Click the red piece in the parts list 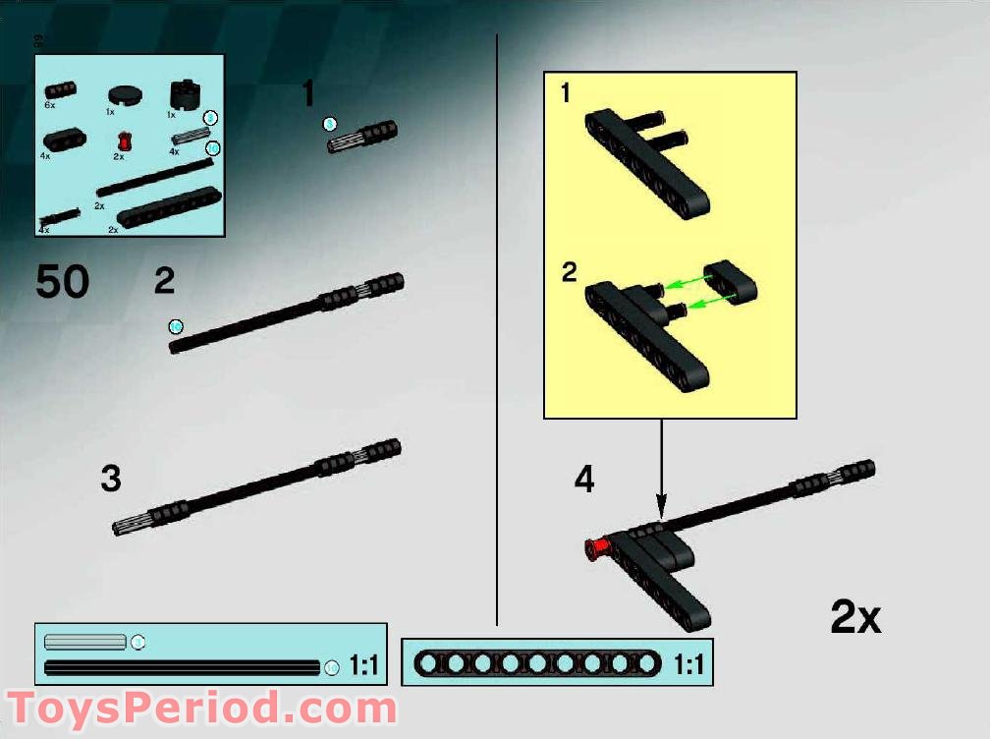click(x=122, y=141)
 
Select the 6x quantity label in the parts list click(x=49, y=104)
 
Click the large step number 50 click(x=63, y=283)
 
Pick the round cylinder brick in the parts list click(x=183, y=95)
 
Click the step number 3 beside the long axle click(x=111, y=480)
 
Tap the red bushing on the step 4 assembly click(x=595, y=548)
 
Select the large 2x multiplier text click(x=855, y=617)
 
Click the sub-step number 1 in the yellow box click(x=565, y=93)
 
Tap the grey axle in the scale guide click(x=85, y=642)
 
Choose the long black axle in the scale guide click(x=183, y=667)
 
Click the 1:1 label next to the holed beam click(x=689, y=665)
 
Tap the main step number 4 click(x=584, y=480)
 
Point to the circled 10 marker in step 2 click(x=176, y=326)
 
